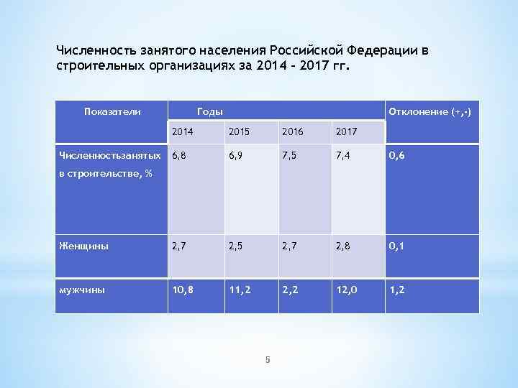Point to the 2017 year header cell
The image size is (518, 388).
pos(346,132)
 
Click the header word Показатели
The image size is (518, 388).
pos(112,111)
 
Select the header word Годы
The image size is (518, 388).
pos(209,111)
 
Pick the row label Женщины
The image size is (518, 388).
pos(85,246)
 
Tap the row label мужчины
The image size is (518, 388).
pos(84,290)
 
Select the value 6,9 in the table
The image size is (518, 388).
pos(235,154)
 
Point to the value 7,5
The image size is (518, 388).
pos(290,154)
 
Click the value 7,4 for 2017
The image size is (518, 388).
pos(344,154)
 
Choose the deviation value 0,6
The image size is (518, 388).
pos(397,154)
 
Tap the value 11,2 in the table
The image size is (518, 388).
pos(238,290)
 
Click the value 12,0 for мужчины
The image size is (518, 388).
pos(347,290)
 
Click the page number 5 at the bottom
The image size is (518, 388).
pos(267,360)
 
